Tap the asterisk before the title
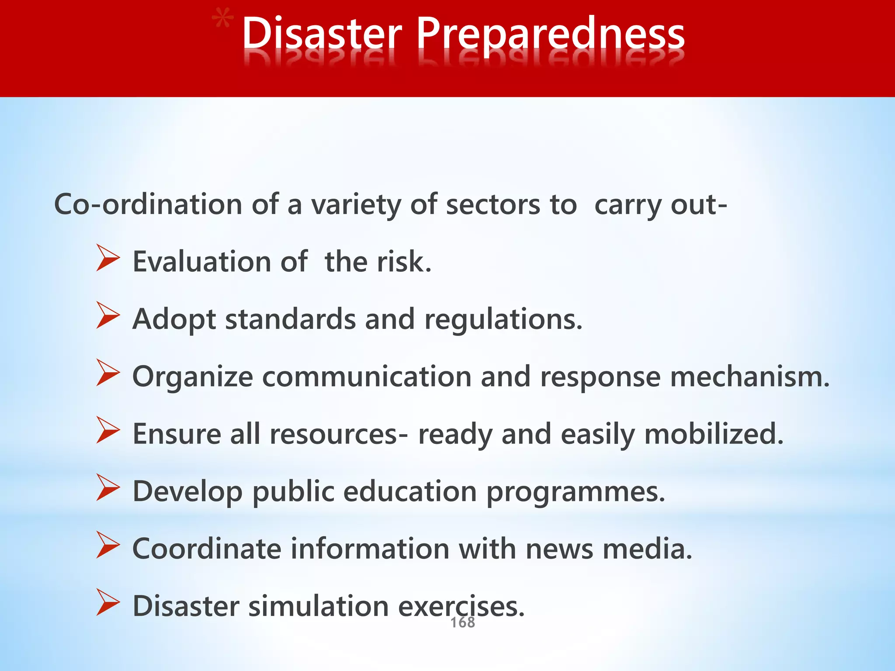tap(222, 21)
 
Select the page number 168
tap(462, 623)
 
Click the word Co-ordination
tap(148, 204)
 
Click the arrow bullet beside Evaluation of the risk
tap(108, 258)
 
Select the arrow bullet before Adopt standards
tap(108, 315)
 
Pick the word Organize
tap(192, 377)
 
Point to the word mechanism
tap(749, 377)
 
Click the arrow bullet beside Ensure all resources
tap(108, 430)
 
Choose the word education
tap(409, 491)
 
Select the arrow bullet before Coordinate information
tap(108, 545)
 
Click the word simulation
tap(318, 606)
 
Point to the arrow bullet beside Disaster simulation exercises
tap(108, 602)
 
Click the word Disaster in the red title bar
tap(322, 34)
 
